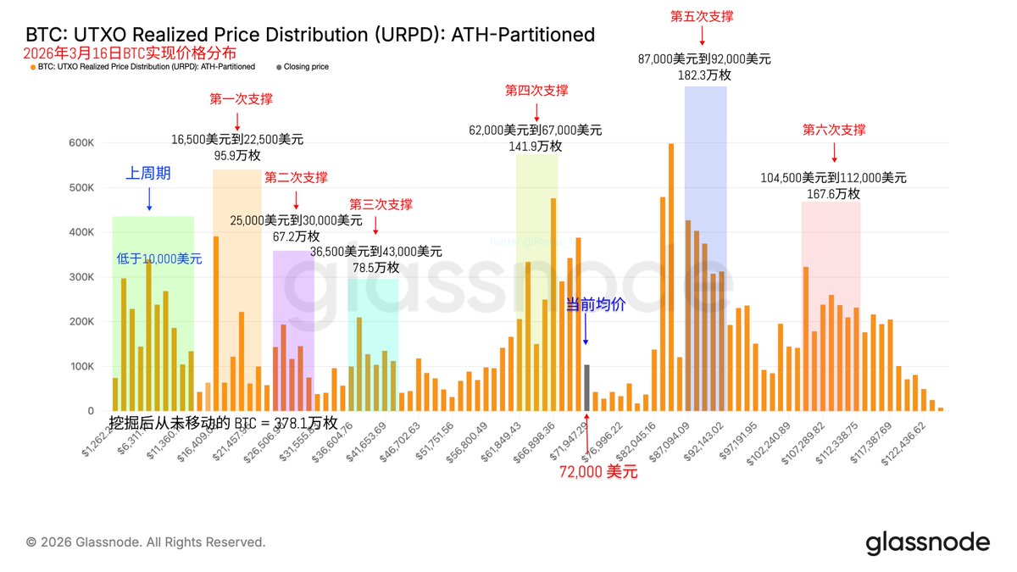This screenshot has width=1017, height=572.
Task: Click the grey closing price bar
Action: pos(587,388)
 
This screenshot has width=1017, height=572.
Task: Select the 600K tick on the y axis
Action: pos(81,143)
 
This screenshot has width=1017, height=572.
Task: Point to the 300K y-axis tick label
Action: pos(81,277)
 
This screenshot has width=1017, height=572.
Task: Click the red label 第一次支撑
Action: pos(242,99)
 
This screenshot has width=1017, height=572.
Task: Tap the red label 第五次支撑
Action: pos(702,16)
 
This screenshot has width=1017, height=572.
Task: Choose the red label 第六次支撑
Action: pos(834,130)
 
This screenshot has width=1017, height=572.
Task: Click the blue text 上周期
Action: pos(148,174)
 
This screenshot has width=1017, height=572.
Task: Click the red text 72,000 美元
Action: pos(598,472)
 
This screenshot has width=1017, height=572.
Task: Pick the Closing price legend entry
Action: pos(306,66)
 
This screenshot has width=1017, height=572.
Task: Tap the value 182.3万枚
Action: pos(704,75)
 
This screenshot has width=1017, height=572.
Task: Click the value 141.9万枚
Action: pos(536,147)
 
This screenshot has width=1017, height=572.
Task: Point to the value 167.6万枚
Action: pos(834,194)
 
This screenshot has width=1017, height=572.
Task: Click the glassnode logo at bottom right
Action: pos(927,542)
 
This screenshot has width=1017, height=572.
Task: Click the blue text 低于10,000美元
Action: pos(159,259)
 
